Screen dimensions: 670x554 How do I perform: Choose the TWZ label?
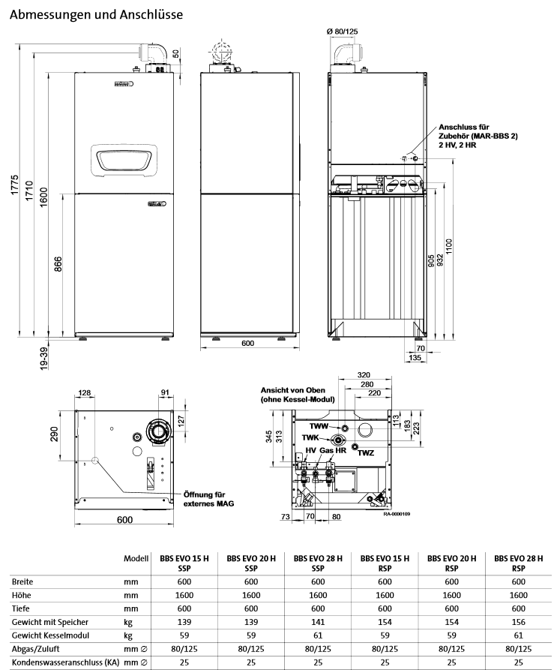pos(366,453)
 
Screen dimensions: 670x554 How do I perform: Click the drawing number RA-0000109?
pos(397,515)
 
